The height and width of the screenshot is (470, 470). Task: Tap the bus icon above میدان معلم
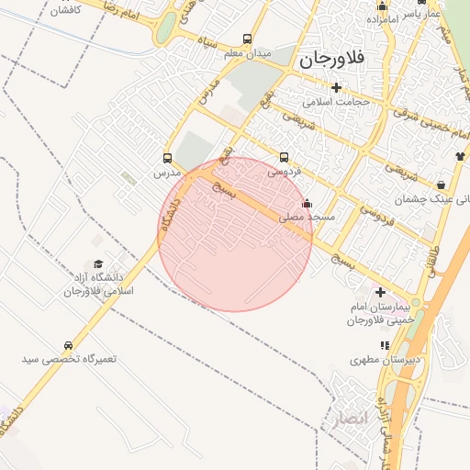pos(247,39)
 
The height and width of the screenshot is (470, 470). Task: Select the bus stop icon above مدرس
pos(167,157)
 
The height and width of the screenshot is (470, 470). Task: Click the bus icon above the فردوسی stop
pos(284,157)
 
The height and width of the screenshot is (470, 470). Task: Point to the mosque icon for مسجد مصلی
pos(307,203)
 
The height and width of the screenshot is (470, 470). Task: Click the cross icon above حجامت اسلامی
pos(337,88)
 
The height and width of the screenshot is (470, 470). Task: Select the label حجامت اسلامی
pos(337,102)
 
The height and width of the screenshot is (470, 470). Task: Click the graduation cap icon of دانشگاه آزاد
pos(98,263)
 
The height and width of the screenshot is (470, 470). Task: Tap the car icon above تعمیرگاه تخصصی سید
pos(70,344)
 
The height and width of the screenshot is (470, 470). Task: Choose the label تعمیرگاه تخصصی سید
pos(70,358)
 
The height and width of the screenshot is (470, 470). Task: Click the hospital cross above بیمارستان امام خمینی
pos(381,291)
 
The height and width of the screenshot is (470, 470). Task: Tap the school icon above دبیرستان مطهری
pos(385,345)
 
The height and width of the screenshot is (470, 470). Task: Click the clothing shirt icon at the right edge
pos(459,156)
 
